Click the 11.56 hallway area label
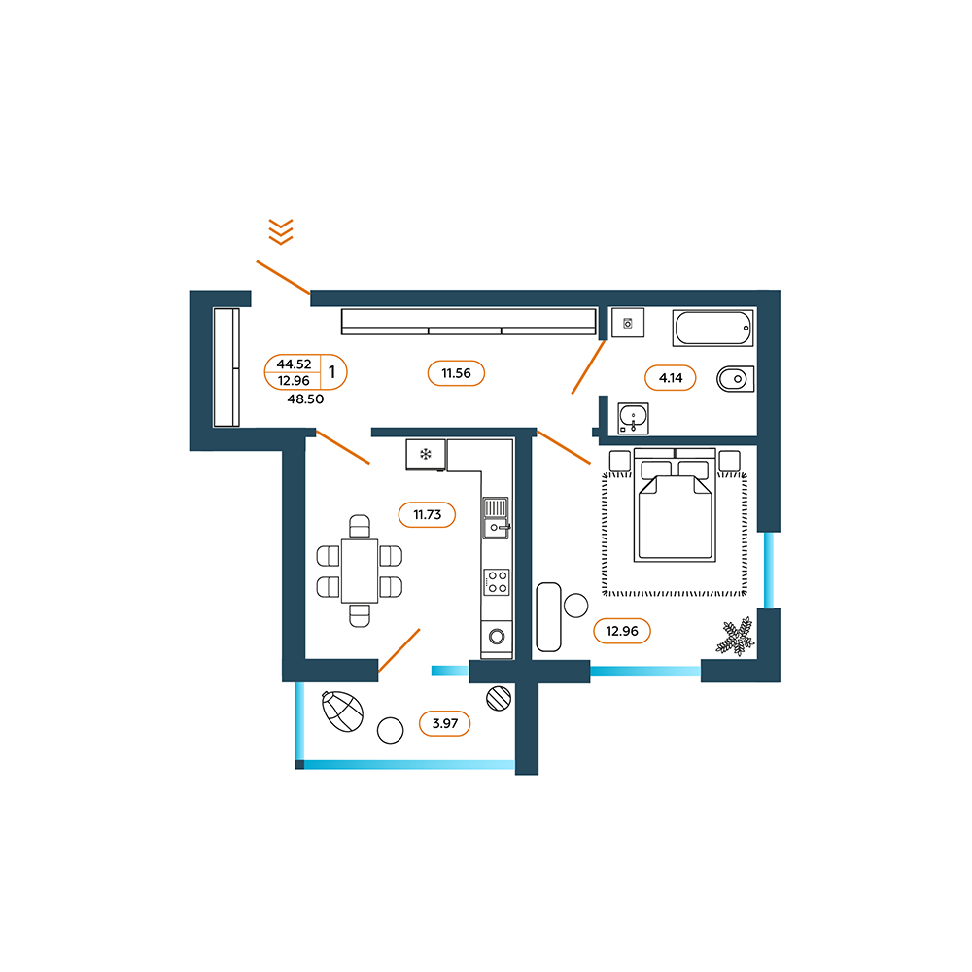point(456,373)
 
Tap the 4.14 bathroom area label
point(670,377)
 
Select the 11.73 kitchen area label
point(427,514)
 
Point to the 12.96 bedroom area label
point(622,631)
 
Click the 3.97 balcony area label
point(445,723)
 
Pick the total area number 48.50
point(305,399)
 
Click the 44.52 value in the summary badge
point(294,364)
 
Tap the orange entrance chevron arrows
point(281,232)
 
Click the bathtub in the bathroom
point(712,328)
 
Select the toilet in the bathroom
point(736,379)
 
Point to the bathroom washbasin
point(633,418)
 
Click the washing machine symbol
point(628,323)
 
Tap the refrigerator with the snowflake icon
point(426,455)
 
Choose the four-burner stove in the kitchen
point(497,582)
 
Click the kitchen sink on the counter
point(496,518)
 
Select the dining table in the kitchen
point(360,571)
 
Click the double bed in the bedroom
point(676,505)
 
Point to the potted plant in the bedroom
point(736,637)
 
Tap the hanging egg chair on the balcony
point(342,712)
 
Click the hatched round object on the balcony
point(499,698)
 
